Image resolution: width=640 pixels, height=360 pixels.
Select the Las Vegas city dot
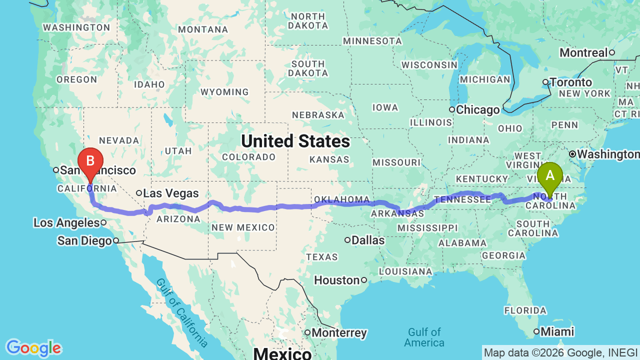[139, 193]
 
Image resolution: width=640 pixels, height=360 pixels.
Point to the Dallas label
[368, 240]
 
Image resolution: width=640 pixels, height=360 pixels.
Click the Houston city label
[336, 280]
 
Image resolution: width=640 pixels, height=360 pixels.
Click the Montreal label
[583, 52]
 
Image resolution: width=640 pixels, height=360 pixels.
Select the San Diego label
[84, 241]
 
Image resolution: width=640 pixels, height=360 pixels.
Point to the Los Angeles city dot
[103, 222]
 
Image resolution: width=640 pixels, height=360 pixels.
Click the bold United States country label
[295, 141]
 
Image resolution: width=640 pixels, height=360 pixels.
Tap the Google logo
[33, 348]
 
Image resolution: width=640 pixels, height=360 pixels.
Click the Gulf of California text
[182, 312]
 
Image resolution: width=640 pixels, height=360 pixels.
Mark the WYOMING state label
[224, 92]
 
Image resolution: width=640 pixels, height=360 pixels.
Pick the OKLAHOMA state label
[342, 200]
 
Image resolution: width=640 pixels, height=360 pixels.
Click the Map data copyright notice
[560, 353]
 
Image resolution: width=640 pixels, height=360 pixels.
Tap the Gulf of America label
[424, 337]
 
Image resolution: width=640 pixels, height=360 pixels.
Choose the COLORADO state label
[249, 157]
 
